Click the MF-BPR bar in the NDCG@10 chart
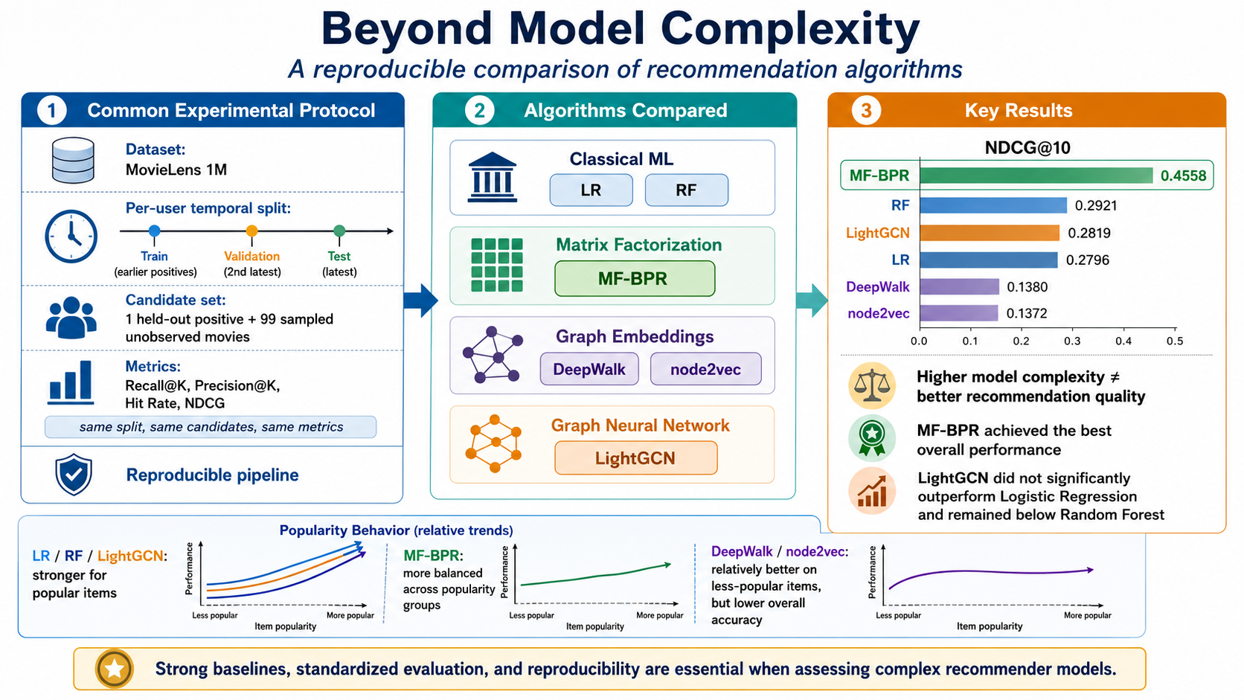pyautogui.click(x=1036, y=176)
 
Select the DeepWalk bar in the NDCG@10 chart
pyautogui.click(x=959, y=286)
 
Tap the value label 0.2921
pyautogui.click(x=1096, y=205)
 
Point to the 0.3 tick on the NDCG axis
pyautogui.click(x=1072, y=341)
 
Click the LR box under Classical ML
pyautogui.click(x=591, y=190)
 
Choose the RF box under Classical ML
pyautogui.click(x=687, y=190)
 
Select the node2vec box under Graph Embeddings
pyautogui.click(x=705, y=369)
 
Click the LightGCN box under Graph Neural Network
pyautogui.click(x=635, y=458)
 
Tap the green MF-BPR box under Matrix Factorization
pyautogui.click(x=634, y=278)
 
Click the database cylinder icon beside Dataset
pyautogui.click(x=73, y=161)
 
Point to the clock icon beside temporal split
pyautogui.click(x=71, y=237)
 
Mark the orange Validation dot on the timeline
pyautogui.click(x=251, y=231)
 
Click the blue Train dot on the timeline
pyautogui.click(x=155, y=231)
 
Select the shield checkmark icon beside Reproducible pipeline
pyautogui.click(x=74, y=475)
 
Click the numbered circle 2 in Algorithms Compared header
pyautogui.click(x=479, y=111)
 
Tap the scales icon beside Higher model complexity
pyautogui.click(x=872, y=386)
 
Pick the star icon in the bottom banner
pyautogui.click(x=115, y=668)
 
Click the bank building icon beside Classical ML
pyautogui.click(x=492, y=177)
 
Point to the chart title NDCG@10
pyautogui.click(x=1027, y=147)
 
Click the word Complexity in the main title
pyautogui.click(x=789, y=29)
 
